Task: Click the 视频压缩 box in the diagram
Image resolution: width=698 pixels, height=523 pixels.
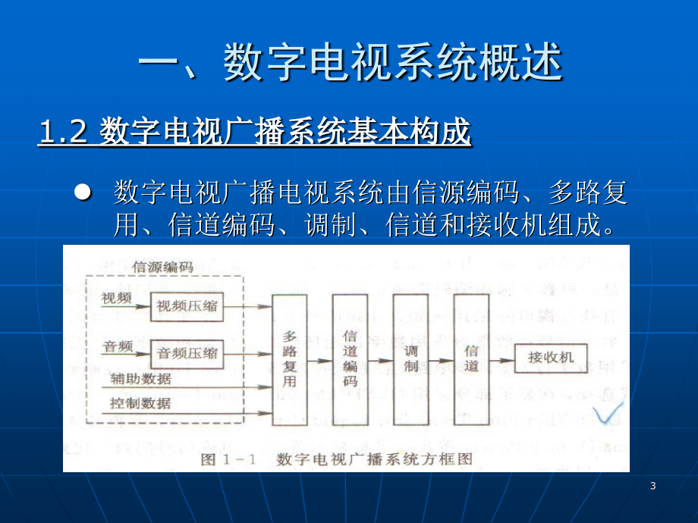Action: coord(187,306)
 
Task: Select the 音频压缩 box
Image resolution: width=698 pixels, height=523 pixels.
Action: coord(187,354)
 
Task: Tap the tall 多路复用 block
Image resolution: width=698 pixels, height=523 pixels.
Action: coord(290,360)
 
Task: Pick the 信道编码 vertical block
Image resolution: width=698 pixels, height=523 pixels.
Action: coord(351,360)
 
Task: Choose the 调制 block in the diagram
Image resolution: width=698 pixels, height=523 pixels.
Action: coord(411,360)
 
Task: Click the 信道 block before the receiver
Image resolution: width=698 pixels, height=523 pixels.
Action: coord(471,360)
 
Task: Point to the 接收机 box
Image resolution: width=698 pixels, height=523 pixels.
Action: coord(551,358)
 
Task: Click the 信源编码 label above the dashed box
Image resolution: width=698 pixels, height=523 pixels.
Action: coord(163,267)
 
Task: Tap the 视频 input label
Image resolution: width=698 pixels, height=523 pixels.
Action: coord(117,298)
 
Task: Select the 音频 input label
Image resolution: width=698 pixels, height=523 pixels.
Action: coord(118,346)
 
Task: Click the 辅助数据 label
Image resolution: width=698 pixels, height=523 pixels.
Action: coord(141,379)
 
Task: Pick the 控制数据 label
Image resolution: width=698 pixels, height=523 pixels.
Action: coord(140,403)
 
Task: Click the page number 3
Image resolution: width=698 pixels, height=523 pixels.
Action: coord(653,486)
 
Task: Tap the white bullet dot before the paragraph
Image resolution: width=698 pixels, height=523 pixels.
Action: coord(83,192)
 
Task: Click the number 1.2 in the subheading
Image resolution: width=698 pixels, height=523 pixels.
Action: coord(63,132)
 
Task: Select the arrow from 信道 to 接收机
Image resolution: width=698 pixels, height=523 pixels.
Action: coord(501,360)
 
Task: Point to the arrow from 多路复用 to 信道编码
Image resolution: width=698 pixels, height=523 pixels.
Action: coord(320,361)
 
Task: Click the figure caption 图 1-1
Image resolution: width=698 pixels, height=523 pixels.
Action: coord(228,459)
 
